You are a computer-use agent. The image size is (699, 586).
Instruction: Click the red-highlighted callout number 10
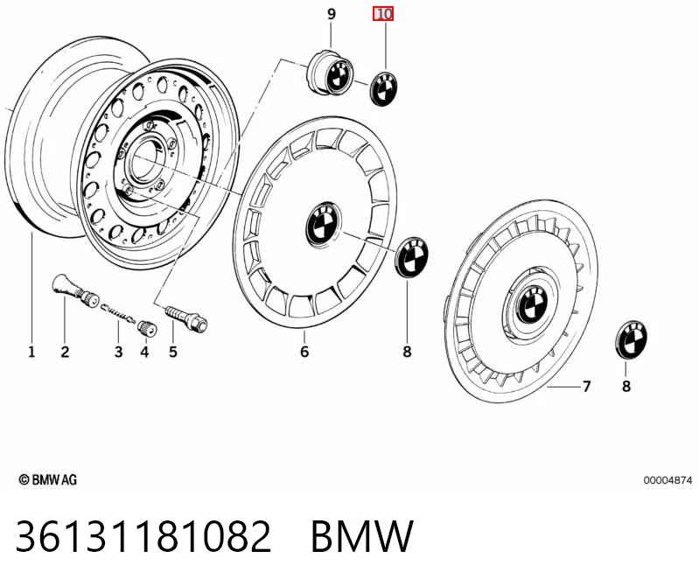[x=383, y=14]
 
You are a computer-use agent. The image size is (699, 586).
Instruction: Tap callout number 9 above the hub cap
[x=332, y=14]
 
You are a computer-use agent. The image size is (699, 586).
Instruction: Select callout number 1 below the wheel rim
[x=31, y=352]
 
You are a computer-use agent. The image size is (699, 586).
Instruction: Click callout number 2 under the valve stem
[x=65, y=352]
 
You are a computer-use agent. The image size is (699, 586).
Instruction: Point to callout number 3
[x=118, y=352]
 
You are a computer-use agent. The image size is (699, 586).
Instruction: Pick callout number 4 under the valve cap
[x=144, y=352]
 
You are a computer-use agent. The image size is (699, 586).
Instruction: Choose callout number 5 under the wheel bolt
[x=173, y=352]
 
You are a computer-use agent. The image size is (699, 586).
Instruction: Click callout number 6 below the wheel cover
[x=304, y=352]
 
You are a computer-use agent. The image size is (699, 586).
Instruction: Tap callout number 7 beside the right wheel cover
[x=587, y=387]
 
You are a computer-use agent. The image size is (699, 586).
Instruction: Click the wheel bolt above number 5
[x=187, y=317]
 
